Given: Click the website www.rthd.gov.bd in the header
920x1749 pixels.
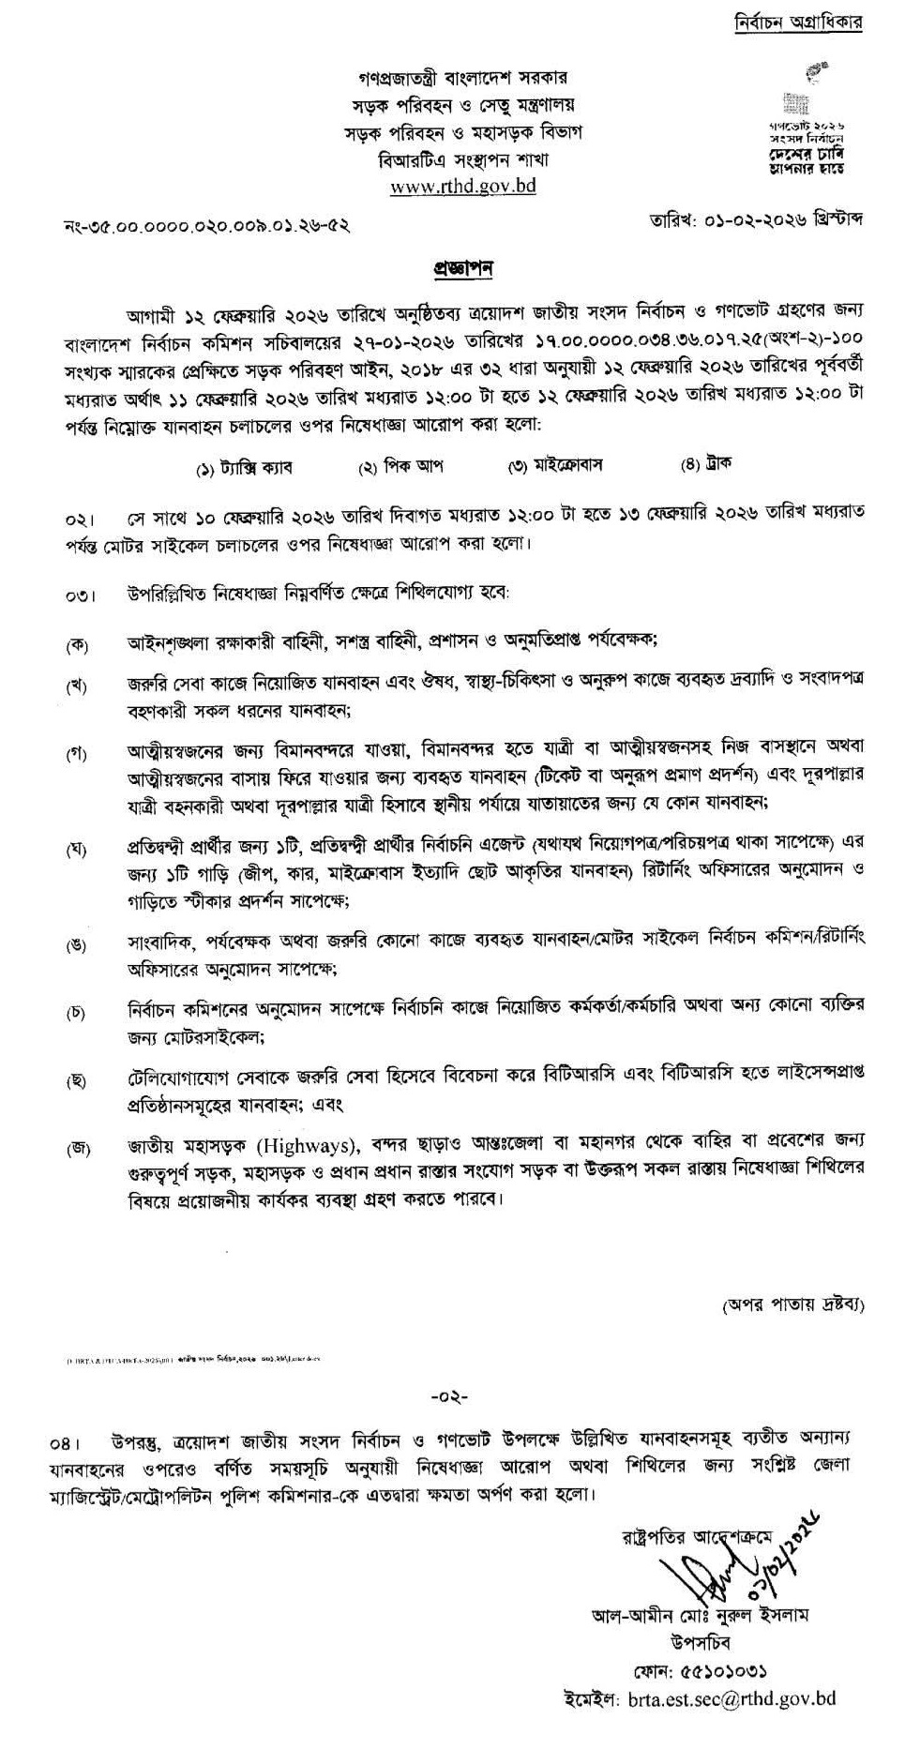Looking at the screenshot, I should [462, 186].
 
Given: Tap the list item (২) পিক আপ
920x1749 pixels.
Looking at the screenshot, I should [401, 466].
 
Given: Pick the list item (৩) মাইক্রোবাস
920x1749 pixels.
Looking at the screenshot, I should [554, 465].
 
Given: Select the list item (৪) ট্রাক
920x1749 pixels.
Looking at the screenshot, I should [707, 463].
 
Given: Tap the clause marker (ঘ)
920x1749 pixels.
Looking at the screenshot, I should [76, 850].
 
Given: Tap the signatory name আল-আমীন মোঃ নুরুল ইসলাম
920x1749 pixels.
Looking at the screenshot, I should [700, 1615].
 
